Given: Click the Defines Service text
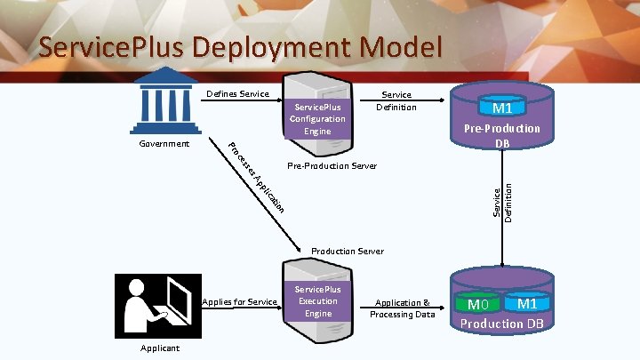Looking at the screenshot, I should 237,94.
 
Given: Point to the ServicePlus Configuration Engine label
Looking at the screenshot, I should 317,119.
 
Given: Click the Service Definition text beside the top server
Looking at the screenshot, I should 396,100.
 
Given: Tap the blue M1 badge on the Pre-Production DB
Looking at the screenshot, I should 502,108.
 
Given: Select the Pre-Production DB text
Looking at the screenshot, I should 502,135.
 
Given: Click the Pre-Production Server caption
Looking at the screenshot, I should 332,166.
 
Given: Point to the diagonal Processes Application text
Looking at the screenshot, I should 256,178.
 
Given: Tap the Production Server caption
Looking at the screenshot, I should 348,252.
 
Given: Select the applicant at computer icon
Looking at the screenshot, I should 158,305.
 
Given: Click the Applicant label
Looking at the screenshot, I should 160,348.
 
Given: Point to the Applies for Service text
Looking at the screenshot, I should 239,302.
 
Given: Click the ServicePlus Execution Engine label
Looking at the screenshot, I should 317,301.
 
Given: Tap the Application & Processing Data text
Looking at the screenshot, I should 403,308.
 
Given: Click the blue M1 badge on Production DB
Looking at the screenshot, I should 526,304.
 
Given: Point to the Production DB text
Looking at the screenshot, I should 502,324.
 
